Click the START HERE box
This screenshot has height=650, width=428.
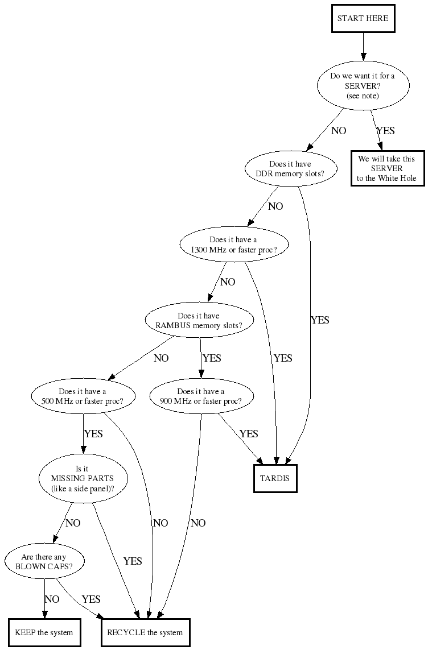click(363, 18)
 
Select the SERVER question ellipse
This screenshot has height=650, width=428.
click(363, 85)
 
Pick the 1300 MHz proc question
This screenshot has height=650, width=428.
click(233, 245)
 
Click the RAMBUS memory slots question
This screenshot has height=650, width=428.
click(199, 321)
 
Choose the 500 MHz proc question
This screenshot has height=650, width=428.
click(83, 396)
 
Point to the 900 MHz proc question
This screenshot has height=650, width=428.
click(200, 396)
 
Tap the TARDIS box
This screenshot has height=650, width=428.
click(275, 478)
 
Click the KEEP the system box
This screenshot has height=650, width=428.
click(44, 632)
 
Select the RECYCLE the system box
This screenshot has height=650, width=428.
click(145, 632)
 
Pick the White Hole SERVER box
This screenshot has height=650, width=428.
click(387, 169)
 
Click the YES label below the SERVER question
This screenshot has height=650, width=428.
click(385, 131)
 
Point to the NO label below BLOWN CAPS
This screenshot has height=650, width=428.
click(52, 599)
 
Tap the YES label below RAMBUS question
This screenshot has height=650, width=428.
click(212, 358)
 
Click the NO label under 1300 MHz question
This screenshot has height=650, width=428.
click(228, 282)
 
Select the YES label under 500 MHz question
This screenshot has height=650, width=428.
click(93, 434)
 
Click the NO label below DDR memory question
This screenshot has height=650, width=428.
click(275, 206)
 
